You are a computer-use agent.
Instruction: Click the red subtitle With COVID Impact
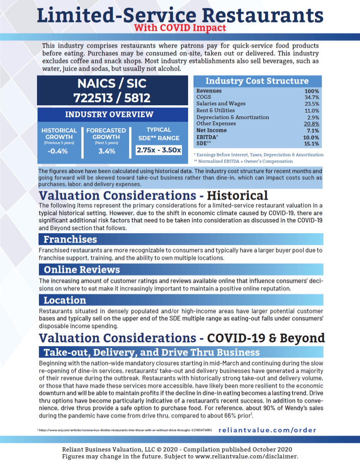pyautogui.click(x=180, y=28)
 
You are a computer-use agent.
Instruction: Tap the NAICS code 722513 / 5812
pyautogui.click(x=112, y=98)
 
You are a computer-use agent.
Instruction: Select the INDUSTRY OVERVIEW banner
pyautogui.click(x=109, y=114)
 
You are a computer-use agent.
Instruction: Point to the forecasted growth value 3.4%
pyautogui.click(x=106, y=151)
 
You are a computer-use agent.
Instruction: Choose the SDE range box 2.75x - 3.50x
pyautogui.click(x=158, y=150)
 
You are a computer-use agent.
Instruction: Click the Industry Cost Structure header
pyautogui.click(x=257, y=81)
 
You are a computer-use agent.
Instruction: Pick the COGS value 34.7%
pyautogui.click(x=311, y=97)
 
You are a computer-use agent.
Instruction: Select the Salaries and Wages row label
pyautogui.click(x=220, y=104)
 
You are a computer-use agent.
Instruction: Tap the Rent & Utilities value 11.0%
pyautogui.click(x=311, y=110)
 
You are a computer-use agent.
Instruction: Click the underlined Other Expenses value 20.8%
pyautogui.click(x=311, y=124)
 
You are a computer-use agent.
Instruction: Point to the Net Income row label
pyautogui.click(x=211, y=130)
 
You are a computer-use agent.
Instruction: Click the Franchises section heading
pyautogui.click(x=70, y=239)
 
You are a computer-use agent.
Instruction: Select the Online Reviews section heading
pyautogui.click(x=82, y=269)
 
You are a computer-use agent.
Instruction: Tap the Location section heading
pyautogui.click(x=65, y=300)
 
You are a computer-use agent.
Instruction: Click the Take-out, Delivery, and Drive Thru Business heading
pyautogui.click(x=151, y=352)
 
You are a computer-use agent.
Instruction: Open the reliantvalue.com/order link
pyautogui.click(x=267, y=430)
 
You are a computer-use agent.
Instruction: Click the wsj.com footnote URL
pyautogui.click(x=126, y=430)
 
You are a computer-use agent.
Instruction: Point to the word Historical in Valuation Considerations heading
pyautogui.click(x=238, y=195)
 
